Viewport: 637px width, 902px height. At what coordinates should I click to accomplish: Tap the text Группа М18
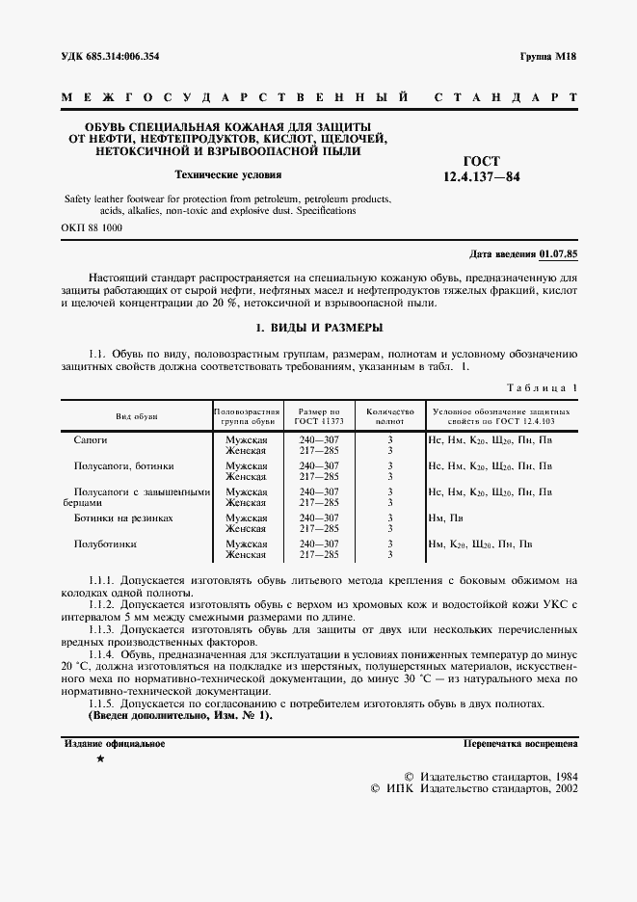point(547,57)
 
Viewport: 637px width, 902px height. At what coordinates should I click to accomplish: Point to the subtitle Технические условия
point(227,175)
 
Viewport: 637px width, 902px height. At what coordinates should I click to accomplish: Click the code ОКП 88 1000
point(93,228)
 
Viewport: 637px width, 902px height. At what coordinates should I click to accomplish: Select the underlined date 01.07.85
point(559,253)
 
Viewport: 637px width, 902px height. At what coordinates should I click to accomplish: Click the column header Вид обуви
point(137,415)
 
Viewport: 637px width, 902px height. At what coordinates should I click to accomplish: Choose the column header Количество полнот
point(389,415)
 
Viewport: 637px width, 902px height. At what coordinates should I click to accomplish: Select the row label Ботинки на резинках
point(123,517)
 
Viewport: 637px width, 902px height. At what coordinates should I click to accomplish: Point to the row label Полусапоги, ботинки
point(124,465)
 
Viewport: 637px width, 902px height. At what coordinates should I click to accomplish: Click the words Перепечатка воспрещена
point(520,744)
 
